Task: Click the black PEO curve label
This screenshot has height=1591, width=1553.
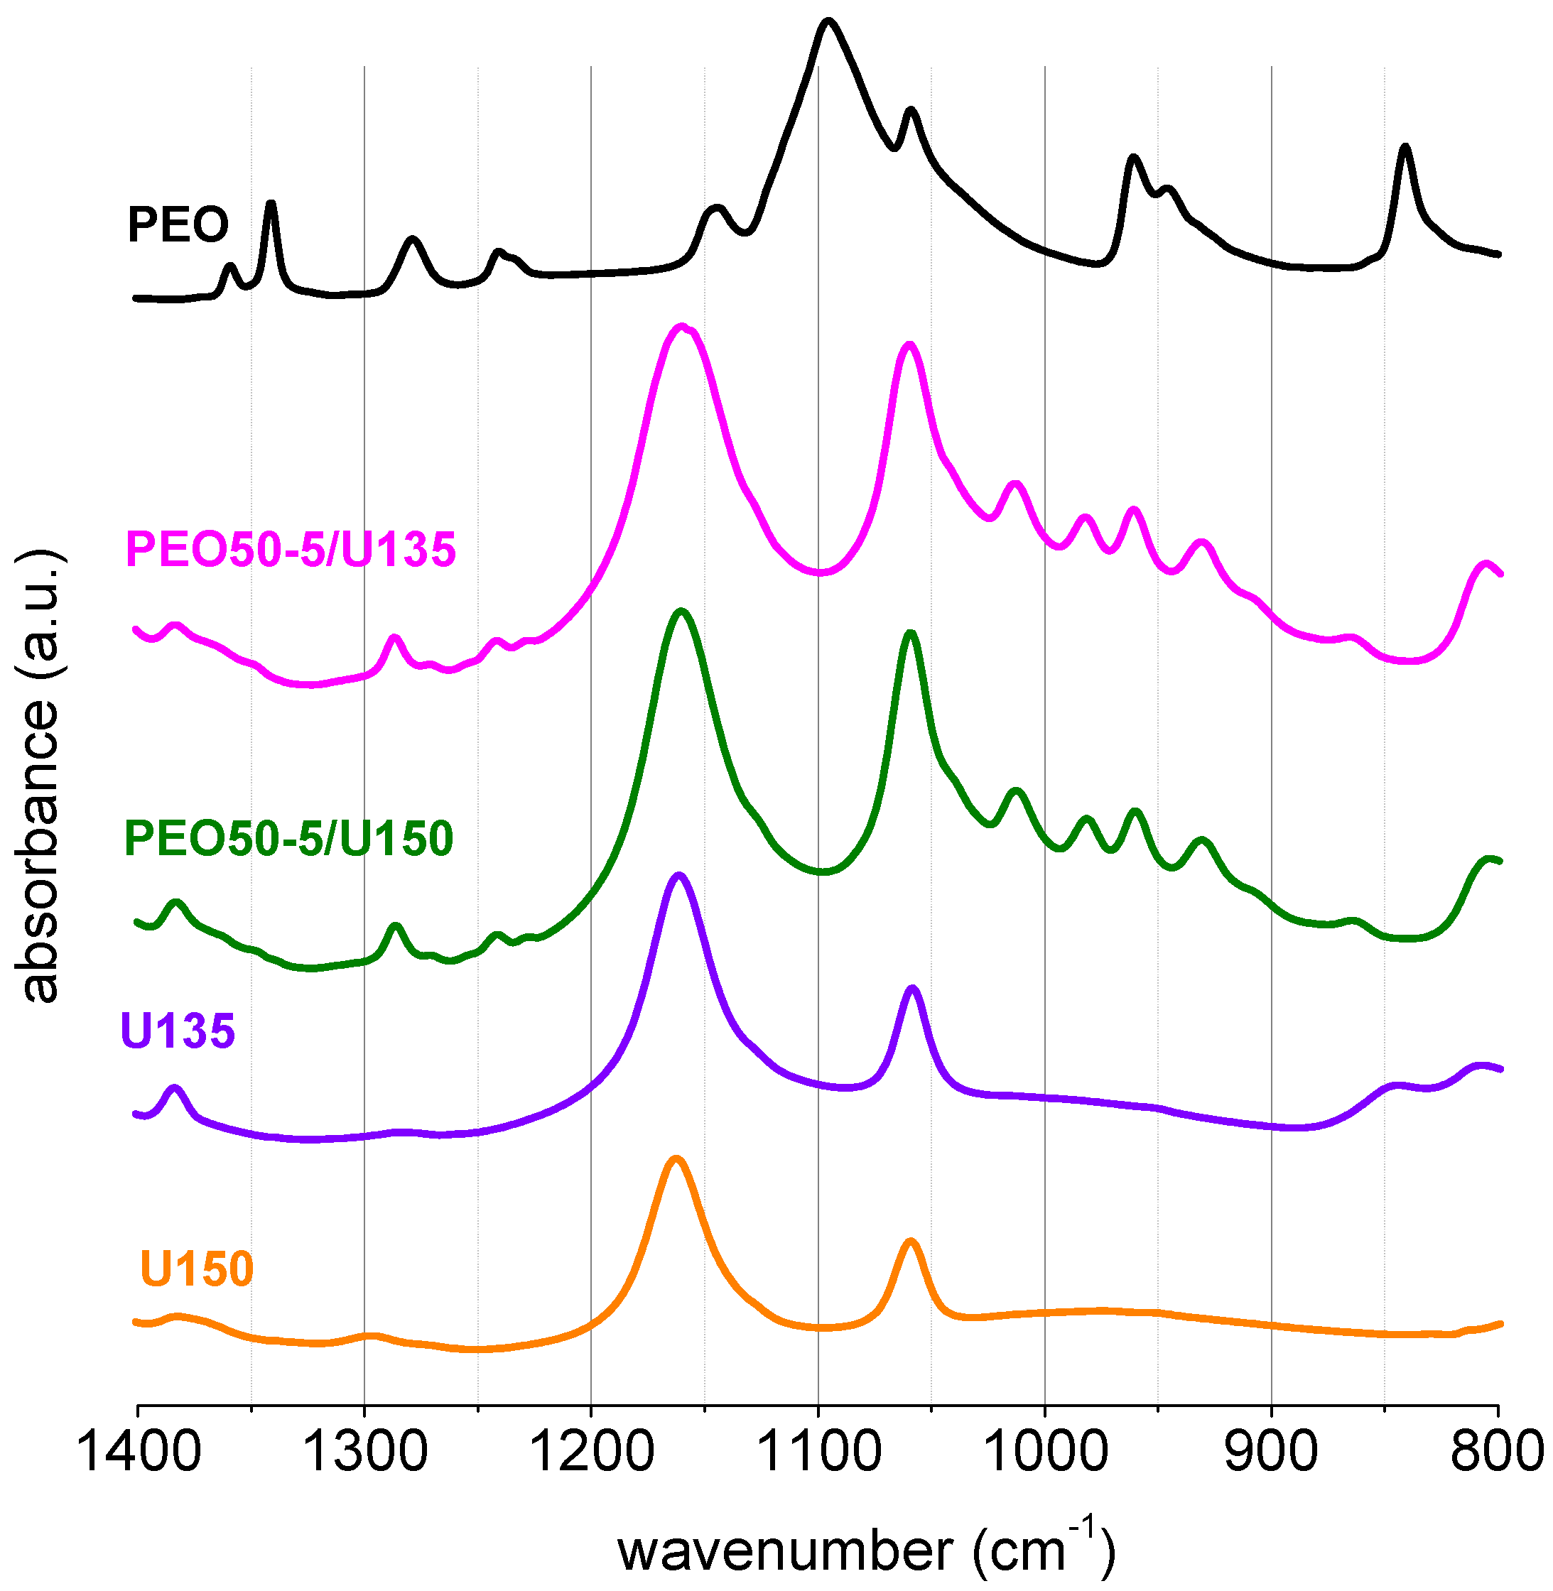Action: point(178,224)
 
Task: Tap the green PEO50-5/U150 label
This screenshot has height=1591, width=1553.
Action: point(288,838)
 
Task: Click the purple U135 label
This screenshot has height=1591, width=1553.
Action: point(178,1030)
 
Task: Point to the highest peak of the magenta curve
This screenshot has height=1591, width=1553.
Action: point(682,326)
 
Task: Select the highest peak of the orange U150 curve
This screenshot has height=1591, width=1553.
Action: point(676,1158)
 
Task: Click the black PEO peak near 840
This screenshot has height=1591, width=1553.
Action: point(1405,148)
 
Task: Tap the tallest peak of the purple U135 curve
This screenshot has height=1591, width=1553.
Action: point(678,875)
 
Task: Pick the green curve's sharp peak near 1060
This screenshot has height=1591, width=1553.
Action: point(910,633)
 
